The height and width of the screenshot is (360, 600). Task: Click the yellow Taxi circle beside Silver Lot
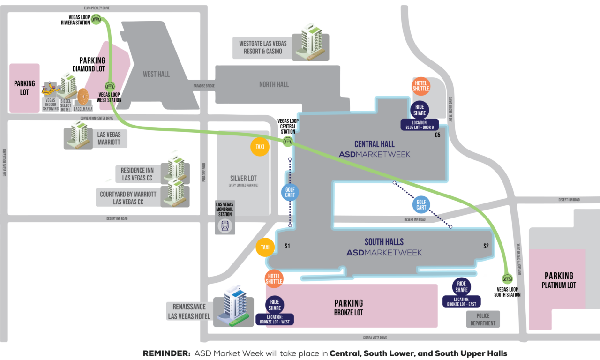click(x=260, y=147)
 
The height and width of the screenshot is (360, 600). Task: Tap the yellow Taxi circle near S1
click(x=265, y=247)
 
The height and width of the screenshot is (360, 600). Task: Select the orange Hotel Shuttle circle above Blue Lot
click(x=420, y=86)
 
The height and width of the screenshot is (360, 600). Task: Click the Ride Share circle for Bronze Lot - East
click(x=461, y=286)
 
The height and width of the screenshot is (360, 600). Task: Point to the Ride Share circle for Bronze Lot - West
click(x=275, y=305)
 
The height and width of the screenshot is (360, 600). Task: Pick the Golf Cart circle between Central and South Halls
click(x=421, y=204)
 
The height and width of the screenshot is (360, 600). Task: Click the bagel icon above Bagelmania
click(x=83, y=97)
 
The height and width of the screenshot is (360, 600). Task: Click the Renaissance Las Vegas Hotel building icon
click(x=233, y=305)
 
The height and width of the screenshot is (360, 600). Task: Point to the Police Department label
click(x=483, y=320)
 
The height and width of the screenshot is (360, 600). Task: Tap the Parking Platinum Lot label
click(x=559, y=280)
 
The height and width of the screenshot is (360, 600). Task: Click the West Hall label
click(x=156, y=74)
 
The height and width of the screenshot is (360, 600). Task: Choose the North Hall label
click(x=274, y=84)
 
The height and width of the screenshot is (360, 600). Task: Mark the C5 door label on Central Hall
click(x=437, y=135)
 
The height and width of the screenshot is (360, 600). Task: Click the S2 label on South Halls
click(x=486, y=246)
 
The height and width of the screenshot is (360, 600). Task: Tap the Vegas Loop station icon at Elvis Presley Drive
click(x=96, y=19)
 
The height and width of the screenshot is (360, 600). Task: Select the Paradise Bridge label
click(x=204, y=86)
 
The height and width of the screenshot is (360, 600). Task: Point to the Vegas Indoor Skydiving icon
click(x=50, y=89)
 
